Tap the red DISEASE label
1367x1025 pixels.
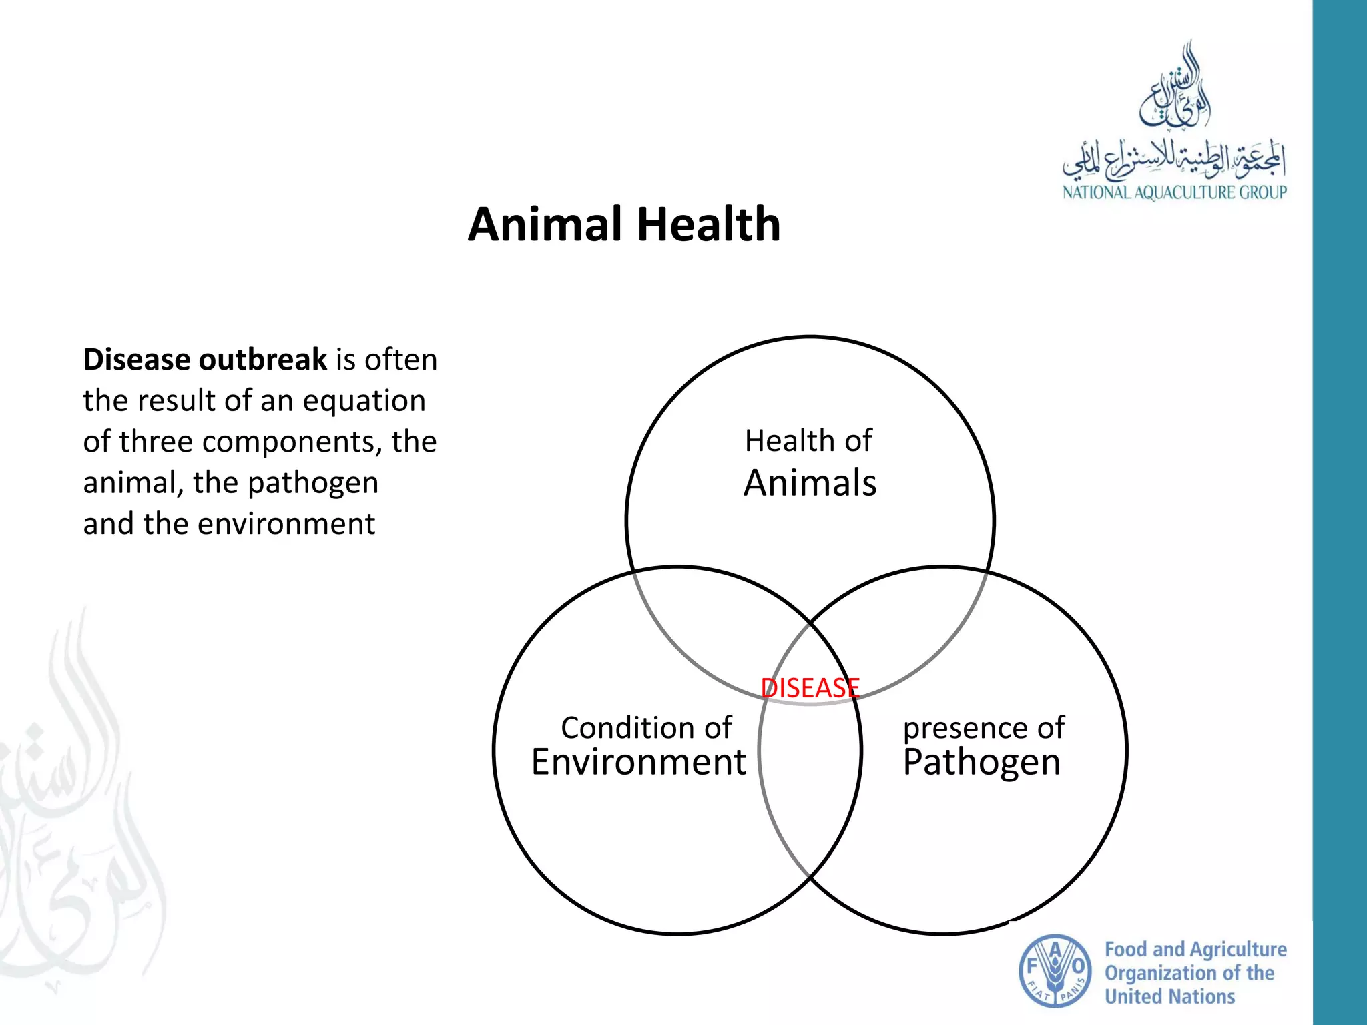coord(810,688)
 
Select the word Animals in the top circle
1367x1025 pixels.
coord(810,483)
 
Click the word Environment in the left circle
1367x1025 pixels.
coord(638,762)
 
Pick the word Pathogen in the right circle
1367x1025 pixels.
coord(981,762)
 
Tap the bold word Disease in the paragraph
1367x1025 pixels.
coord(136,360)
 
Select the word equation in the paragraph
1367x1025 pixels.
coord(364,401)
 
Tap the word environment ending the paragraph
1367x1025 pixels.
coord(286,524)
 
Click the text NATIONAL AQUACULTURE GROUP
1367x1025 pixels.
coord(1174,193)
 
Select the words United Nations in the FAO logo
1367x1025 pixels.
coord(1169,997)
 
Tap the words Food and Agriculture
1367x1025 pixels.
coord(1195,949)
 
